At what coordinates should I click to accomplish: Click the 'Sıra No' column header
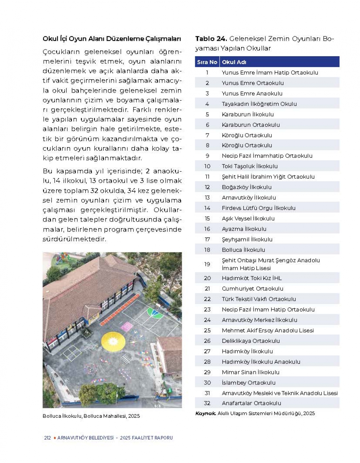(207, 62)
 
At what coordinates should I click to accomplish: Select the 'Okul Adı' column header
(234, 62)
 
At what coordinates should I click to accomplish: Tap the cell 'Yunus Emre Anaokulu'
(252, 93)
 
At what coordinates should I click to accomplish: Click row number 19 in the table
(207, 264)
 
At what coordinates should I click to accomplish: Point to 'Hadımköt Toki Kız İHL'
(252, 278)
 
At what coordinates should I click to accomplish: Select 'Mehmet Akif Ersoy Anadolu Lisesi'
(267, 330)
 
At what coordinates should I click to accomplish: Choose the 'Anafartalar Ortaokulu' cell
(251, 403)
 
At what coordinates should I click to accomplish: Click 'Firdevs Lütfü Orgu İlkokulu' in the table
(258, 208)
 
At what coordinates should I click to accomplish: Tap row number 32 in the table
(207, 403)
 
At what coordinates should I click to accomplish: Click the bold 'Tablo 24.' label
(211, 39)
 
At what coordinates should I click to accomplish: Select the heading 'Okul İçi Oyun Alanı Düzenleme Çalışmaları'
(112, 39)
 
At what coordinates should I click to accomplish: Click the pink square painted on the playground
(127, 327)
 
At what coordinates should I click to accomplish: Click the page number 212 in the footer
(47, 438)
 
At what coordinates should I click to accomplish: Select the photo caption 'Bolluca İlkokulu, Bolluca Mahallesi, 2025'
(91, 416)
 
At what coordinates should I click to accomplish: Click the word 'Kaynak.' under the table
(206, 413)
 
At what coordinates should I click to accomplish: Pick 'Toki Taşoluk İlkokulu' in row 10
(249, 166)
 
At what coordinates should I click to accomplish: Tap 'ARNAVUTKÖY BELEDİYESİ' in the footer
(85, 438)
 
